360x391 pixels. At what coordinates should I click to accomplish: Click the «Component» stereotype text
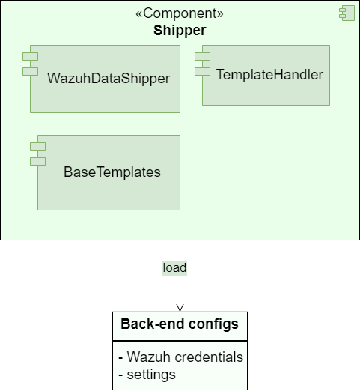[180, 13]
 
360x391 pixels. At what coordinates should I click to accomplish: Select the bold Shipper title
[180, 30]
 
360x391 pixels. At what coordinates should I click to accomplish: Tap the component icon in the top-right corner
[346, 13]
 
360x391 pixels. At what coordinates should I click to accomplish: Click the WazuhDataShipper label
[109, 78]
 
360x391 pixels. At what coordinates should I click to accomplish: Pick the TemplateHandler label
[269, 74]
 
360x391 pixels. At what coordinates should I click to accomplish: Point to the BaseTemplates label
[112, 172]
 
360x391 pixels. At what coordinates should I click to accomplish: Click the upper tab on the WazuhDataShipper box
[30, 57]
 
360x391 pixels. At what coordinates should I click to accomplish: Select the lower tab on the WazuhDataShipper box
[30, 71]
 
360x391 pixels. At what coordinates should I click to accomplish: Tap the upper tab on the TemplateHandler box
[203, 57]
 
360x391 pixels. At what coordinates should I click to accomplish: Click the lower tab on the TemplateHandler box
[203, 71]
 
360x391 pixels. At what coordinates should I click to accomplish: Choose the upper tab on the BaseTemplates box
[37, 146]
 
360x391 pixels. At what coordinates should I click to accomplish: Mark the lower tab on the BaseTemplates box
[37, 161]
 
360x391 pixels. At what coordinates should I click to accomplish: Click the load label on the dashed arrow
[174, 267]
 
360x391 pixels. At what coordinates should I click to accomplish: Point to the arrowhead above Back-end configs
[180, 306]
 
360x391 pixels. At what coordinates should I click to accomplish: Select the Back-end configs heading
[180, 324]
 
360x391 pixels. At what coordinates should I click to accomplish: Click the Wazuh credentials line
[180, 357]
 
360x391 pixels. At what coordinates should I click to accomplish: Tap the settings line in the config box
[147, 374]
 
